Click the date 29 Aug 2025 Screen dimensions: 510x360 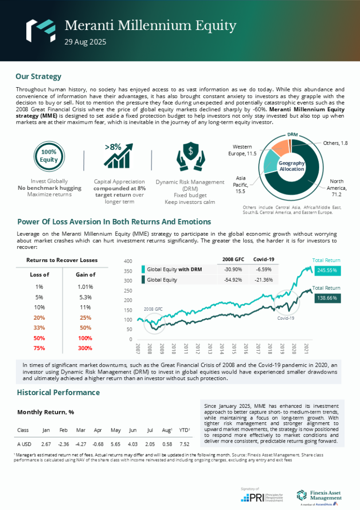click(85, 42)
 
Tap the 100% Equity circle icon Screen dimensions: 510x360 click(49, 156)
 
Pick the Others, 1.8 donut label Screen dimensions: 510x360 click(335, 142)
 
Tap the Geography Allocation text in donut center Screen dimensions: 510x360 click(292, 166)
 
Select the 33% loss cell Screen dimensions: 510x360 click(39, 328)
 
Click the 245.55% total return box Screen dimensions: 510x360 click(326, 270)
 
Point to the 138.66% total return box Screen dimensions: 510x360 click(326, 298)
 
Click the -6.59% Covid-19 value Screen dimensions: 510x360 click(263, 270)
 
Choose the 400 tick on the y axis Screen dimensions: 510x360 click(128, 261)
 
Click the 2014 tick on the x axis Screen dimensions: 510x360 click(221, 349)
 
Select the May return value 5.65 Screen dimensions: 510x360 click(115, 444)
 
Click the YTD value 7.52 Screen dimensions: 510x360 click(184, 444)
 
